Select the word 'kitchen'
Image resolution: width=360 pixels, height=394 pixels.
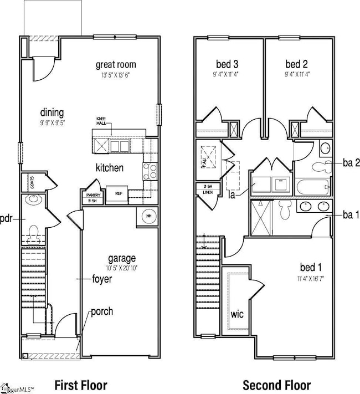pos(110,167)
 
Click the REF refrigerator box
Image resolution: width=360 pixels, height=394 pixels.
pos(119,194)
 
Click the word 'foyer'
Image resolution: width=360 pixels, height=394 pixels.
pos(102,279)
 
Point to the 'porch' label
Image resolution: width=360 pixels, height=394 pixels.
pos(102,311)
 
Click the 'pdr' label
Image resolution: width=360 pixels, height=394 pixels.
pos(7,218)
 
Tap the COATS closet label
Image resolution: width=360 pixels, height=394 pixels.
pos(33,183)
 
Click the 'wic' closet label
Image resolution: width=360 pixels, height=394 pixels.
pos(237,314)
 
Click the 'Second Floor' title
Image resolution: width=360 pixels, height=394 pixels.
pos(276,385)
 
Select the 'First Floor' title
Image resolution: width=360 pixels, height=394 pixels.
pos(81,385)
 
